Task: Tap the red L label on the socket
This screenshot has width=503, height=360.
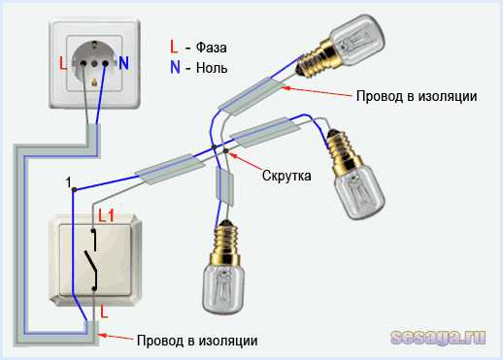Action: click(63, 65)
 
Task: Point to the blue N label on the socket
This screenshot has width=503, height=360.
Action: click(124, 65)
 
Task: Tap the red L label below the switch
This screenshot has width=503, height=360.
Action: click(105, 313)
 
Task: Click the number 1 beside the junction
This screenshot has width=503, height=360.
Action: click(69, 181)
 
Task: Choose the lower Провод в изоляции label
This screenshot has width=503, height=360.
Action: click(197, 341)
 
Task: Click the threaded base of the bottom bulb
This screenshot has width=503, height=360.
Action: click(225, 235)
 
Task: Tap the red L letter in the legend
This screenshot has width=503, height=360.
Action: click(173, 47)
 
